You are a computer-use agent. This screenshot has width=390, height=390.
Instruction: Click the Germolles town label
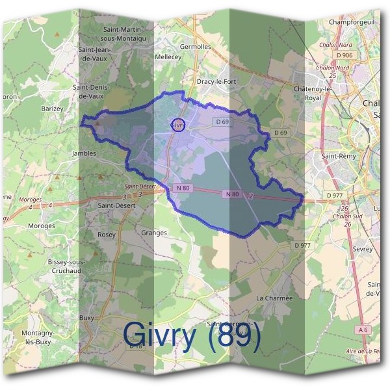pos(213,47)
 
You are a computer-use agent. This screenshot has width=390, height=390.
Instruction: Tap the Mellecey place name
pos(168,57)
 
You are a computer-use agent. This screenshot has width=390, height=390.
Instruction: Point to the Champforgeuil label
pos(352,22)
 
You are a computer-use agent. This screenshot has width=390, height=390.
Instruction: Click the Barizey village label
pos(52,109)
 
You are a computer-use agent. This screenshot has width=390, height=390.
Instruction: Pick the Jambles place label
pos(83,153)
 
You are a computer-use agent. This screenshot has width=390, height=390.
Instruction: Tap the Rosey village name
pos(107,234)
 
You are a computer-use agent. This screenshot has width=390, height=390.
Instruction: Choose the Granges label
pos(154,232)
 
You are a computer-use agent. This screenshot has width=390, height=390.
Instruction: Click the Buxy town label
pos(86,318)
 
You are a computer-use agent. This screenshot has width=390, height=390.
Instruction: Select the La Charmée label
pos(274,298)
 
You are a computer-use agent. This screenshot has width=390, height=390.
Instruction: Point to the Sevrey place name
pos(361,249)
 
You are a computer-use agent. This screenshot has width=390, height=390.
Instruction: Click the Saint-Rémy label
pos(337,156)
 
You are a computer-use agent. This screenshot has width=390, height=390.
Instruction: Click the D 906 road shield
pos(344,55)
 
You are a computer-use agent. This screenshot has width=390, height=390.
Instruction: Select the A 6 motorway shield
pos(364,330)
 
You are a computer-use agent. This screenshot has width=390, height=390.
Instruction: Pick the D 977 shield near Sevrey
pos(302,245)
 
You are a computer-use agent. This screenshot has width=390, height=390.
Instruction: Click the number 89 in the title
pos(239,335)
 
